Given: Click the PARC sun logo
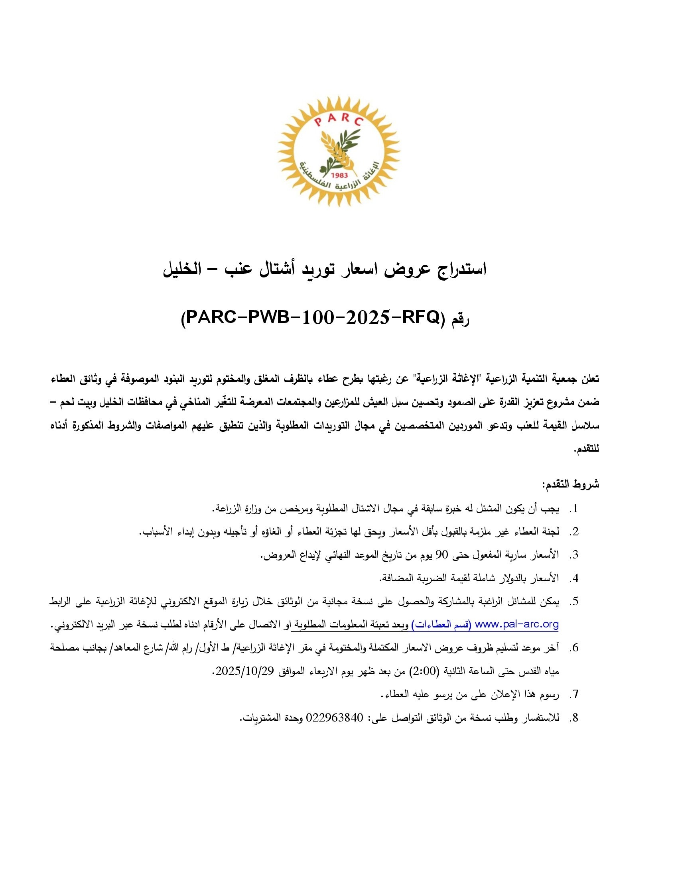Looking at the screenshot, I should (x=339, y=152).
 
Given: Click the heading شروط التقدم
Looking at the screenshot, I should (x=571, y=484).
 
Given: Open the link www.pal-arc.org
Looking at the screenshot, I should (x=517, y=624).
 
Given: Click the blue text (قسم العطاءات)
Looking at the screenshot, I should (x=441, y=624).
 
